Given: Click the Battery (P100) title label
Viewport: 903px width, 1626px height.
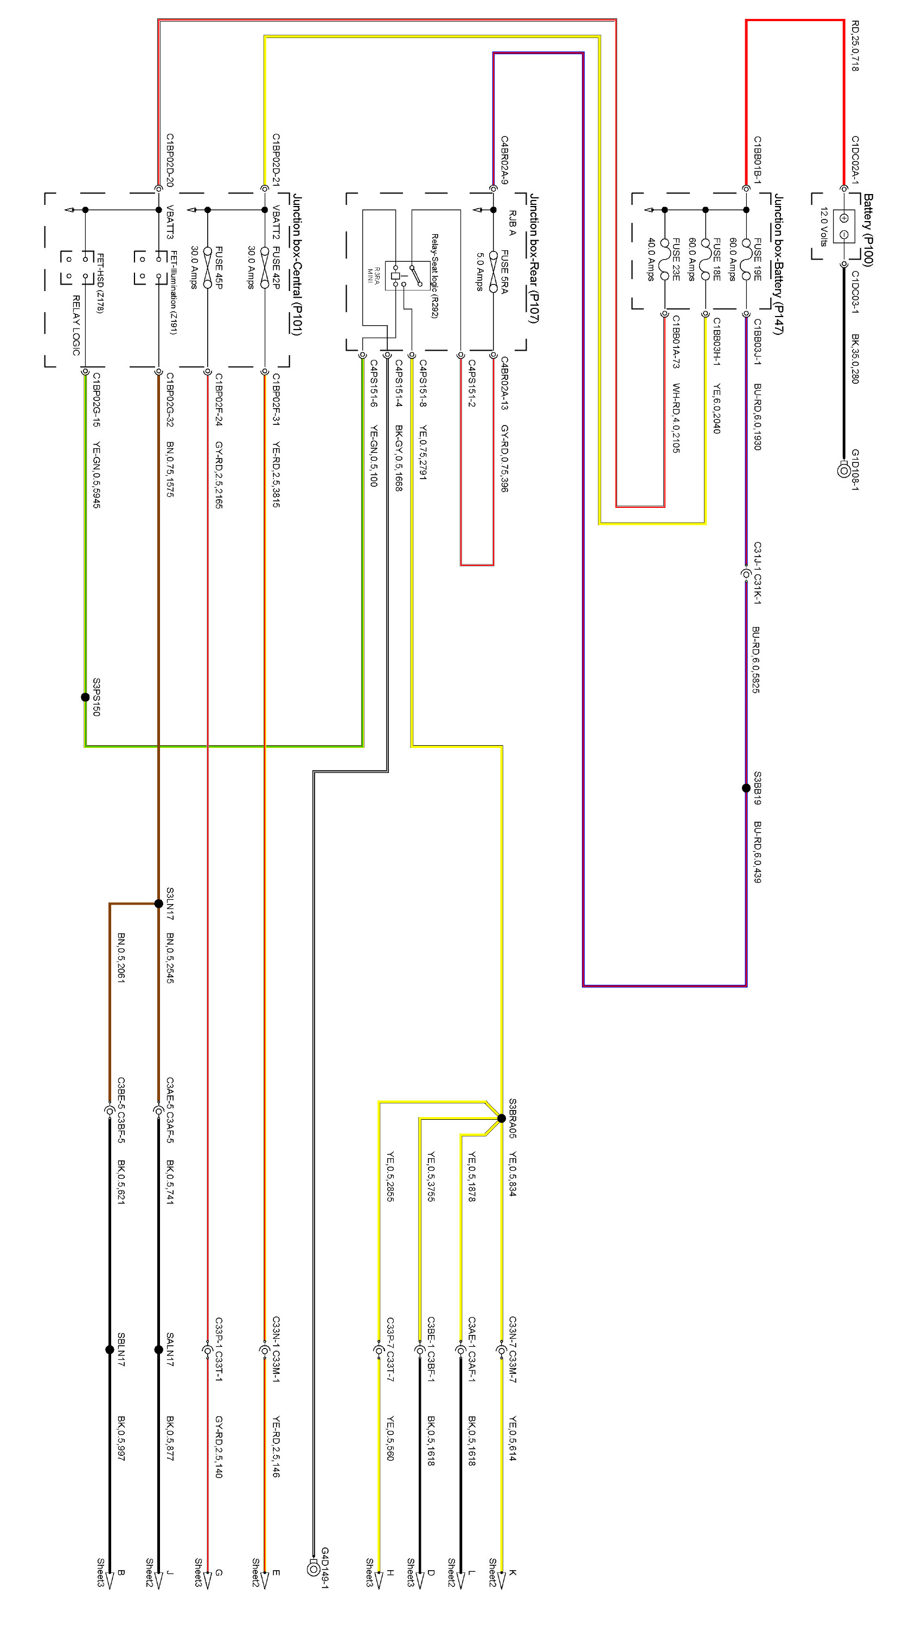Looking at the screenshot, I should point(868,230).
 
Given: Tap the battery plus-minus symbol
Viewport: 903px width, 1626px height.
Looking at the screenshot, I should point(844,227).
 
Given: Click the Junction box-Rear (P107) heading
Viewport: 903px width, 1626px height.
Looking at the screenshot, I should point(534,258).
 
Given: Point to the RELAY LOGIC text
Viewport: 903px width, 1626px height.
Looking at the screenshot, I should point(76,325).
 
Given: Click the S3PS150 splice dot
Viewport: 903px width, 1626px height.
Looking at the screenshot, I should point(85,697).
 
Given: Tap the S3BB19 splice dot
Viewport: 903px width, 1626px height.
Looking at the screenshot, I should point(746,788).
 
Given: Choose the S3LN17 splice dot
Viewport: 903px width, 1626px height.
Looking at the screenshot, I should point(158,904).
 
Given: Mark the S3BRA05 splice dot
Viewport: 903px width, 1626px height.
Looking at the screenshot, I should point(501,1118).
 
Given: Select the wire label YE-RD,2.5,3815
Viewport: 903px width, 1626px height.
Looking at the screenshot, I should point(276,475).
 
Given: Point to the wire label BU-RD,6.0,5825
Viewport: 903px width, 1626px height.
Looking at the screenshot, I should point(756,660).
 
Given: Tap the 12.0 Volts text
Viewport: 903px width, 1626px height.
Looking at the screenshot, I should point(823,227).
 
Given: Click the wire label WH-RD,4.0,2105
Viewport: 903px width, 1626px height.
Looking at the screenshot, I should point(675,418).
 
